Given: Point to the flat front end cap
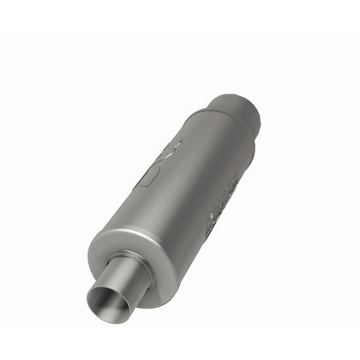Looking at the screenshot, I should point(150,279).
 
